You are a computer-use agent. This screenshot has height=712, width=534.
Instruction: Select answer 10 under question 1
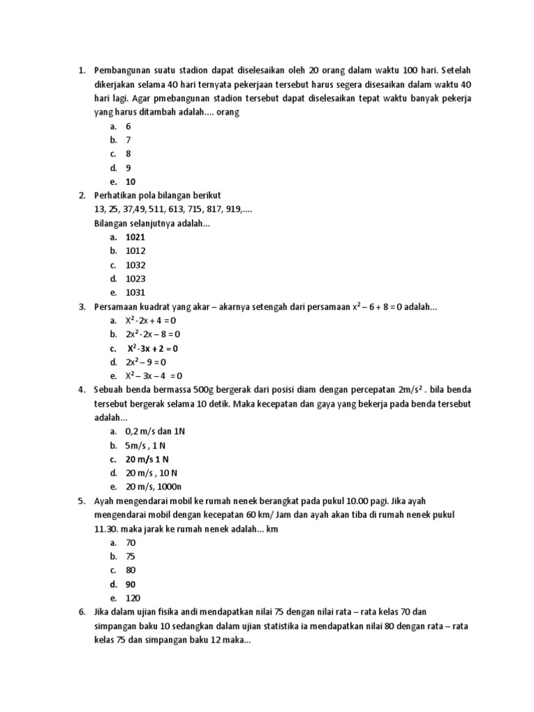coord(131,181)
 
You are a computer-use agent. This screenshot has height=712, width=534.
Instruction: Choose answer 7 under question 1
coord(128,140)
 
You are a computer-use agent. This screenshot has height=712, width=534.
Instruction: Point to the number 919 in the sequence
coord(231,209)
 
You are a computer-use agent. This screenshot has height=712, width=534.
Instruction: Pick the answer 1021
coord(136,237)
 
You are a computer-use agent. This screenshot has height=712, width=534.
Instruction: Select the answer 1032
coord(136,265)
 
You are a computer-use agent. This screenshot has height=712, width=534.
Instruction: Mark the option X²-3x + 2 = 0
coord(152,348)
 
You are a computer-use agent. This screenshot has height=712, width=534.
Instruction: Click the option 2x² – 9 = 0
coord(146,362)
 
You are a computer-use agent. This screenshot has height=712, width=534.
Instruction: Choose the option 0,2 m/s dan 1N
coord(156,431)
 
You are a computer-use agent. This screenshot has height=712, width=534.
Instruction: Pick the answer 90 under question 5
coord(131,584)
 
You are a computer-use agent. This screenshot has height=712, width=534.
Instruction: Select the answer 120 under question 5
coord(133,598)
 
